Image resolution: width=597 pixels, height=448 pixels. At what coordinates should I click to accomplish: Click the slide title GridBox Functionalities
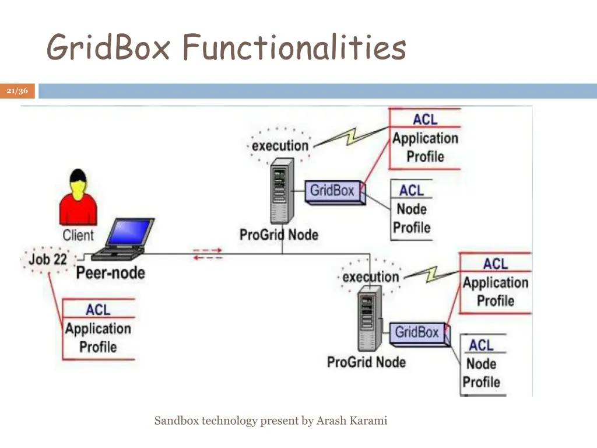click(226, 47)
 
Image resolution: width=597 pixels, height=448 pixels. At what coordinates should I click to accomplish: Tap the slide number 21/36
click(17, 91)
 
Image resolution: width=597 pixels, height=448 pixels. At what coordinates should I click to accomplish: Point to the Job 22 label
click(48, 259)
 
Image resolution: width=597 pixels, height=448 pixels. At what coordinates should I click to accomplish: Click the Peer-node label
click(110, 272)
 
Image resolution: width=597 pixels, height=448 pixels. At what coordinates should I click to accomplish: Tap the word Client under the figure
click(78, 235)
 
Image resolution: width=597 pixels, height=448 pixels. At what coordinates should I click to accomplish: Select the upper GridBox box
click(332, 191)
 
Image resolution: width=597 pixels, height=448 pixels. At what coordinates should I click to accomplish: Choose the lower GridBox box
click(417, 332)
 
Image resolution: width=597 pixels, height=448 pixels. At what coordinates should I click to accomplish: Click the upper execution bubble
click(280, 145)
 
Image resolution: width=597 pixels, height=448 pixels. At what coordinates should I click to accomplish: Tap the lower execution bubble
click(371, 276)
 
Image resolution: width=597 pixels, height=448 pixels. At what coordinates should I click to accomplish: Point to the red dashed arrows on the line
click(208, 254)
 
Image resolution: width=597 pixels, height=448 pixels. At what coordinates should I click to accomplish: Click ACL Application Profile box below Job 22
click(98, 329)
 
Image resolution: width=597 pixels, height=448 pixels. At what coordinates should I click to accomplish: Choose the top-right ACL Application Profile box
click(425, 139)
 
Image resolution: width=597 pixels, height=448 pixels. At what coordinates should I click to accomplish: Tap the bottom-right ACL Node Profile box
click(482, 363)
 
